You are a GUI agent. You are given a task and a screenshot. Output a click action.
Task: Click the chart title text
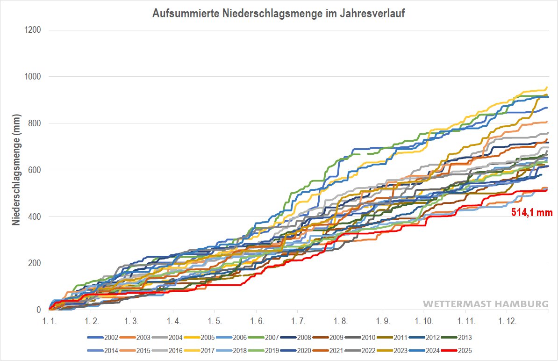[x=279, y=14]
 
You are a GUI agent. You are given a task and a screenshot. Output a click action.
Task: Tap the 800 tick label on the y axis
[x=34, y=123]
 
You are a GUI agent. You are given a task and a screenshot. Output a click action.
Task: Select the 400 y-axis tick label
[x=34, y=217]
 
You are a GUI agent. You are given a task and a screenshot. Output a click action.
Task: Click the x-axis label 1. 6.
[x=257, y=322]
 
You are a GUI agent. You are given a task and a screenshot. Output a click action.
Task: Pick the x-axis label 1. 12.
[x=507, y=322]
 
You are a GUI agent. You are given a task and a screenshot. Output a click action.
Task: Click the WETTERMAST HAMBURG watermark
[x=486, y=304]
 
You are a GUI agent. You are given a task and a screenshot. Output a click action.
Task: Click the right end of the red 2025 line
[x=547, y=190]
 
